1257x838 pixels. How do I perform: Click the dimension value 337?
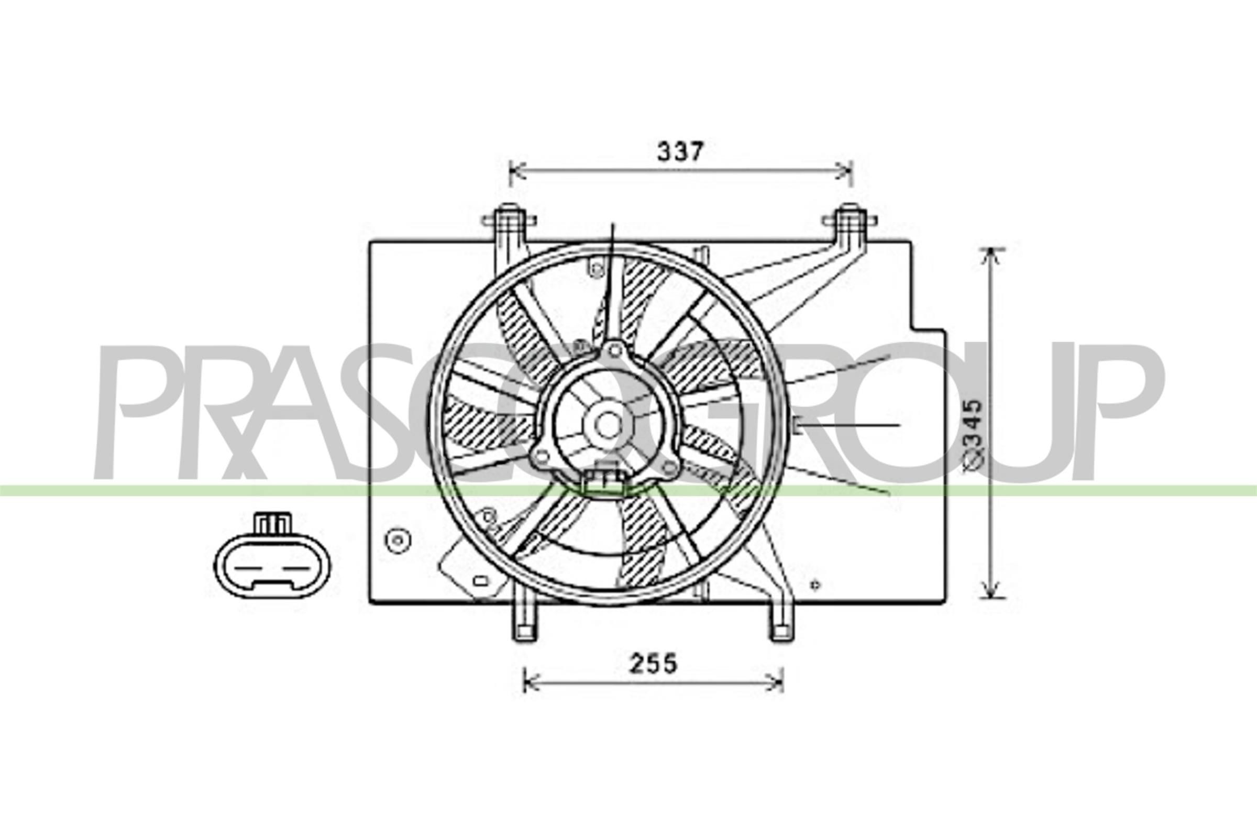coord(680,152)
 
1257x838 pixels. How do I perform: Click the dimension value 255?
coord(653,664)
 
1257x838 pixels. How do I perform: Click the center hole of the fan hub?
coord(607,425)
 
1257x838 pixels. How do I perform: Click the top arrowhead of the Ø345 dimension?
coord(992,255)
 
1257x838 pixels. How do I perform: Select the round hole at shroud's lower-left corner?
coord(397,541)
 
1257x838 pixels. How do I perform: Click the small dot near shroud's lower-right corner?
coord(815,585)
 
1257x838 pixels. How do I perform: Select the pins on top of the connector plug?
coord(273,523)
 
